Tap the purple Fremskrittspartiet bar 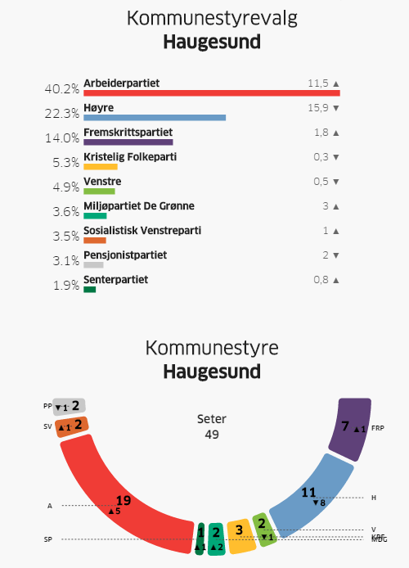128,142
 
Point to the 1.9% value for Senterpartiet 66,285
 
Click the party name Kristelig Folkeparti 130,157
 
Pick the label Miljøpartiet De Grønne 139,206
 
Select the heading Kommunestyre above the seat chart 212,348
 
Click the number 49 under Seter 212,434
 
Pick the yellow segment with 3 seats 238,535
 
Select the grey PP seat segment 70,406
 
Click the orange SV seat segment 73,426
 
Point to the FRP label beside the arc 377,427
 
